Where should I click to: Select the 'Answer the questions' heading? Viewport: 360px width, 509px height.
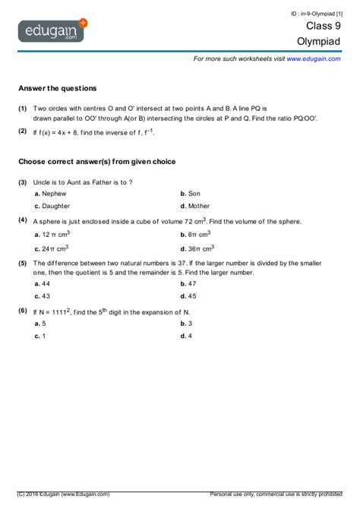coord(58,88)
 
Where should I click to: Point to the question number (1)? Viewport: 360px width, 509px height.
coord(23,109)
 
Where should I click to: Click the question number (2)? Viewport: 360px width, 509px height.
coord(23,131)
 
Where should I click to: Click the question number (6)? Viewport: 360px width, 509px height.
coord(23,311)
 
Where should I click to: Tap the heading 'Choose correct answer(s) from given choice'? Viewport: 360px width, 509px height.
coord(97,162)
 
